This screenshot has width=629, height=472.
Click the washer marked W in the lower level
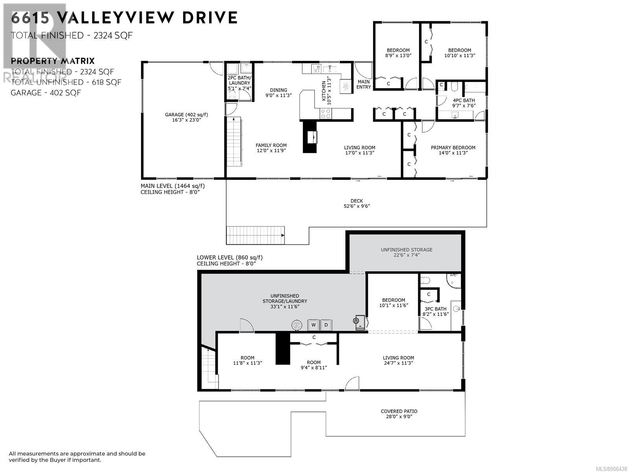313,325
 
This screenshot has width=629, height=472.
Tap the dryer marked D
326,325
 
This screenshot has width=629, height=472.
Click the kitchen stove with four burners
326,114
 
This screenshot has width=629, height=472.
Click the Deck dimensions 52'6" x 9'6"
357,206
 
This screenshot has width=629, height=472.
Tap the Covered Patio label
399,411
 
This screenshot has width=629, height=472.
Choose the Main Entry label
364,84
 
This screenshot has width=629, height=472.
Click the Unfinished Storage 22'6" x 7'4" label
406,252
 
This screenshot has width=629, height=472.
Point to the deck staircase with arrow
255,235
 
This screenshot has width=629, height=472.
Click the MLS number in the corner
611,469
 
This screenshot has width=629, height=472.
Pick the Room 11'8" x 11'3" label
248,360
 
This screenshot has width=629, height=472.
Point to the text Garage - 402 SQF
46,93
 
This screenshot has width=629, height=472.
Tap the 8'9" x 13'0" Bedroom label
398,53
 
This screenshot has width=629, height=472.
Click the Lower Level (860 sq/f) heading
230,257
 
